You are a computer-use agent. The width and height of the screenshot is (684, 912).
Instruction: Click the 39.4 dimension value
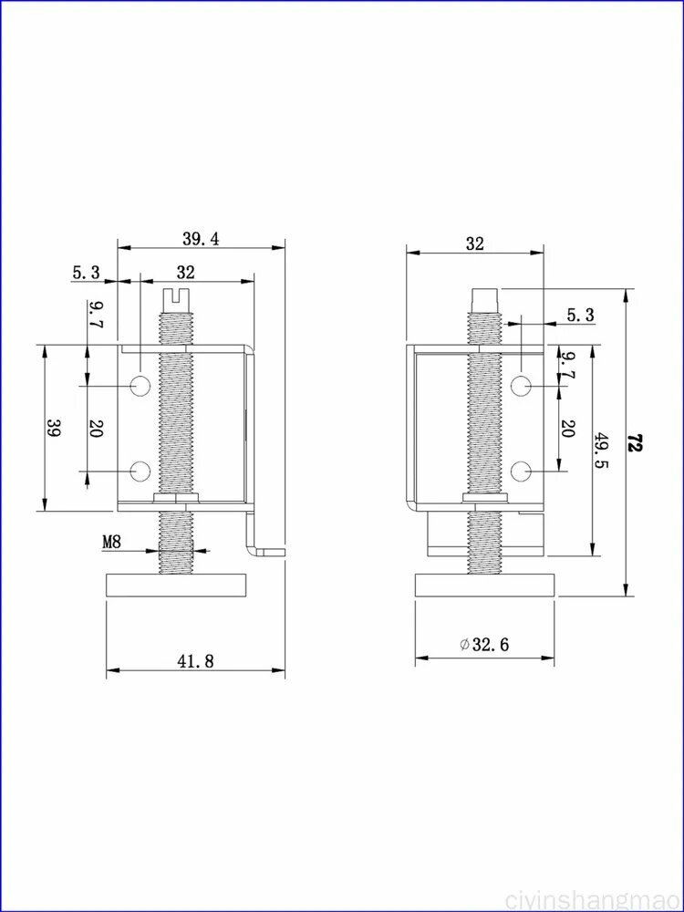pos(201,239)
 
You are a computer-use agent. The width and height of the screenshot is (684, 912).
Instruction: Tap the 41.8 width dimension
pos(195,660)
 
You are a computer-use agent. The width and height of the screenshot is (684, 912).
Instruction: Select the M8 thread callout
pos(111,542)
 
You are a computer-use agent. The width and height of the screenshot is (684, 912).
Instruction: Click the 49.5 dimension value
pos(600,452)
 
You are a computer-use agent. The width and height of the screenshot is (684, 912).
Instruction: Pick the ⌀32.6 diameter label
pos(484,645)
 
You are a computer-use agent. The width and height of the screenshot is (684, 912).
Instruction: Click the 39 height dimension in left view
pos(55,428)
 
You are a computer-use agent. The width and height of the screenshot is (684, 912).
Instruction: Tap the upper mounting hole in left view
pos(140,385)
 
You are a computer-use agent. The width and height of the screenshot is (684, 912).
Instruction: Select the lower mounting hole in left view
pos(140,472)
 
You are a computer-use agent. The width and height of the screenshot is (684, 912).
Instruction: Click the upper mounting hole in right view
pos(522,385)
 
